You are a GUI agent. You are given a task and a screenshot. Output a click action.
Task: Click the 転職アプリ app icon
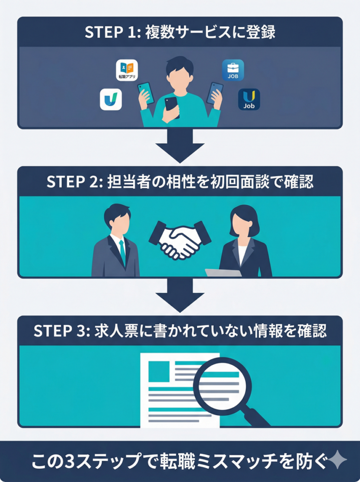coord(127,70)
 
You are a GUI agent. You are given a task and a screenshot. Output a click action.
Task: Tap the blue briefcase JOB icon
coord(232,70)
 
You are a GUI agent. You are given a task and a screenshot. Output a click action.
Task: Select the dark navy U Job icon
coord(248,99)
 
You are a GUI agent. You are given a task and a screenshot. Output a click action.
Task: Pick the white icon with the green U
coord(111,99)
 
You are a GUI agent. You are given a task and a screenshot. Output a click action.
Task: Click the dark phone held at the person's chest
coord(171,107)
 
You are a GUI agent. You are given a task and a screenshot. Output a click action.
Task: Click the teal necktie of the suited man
coord(122,252)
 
